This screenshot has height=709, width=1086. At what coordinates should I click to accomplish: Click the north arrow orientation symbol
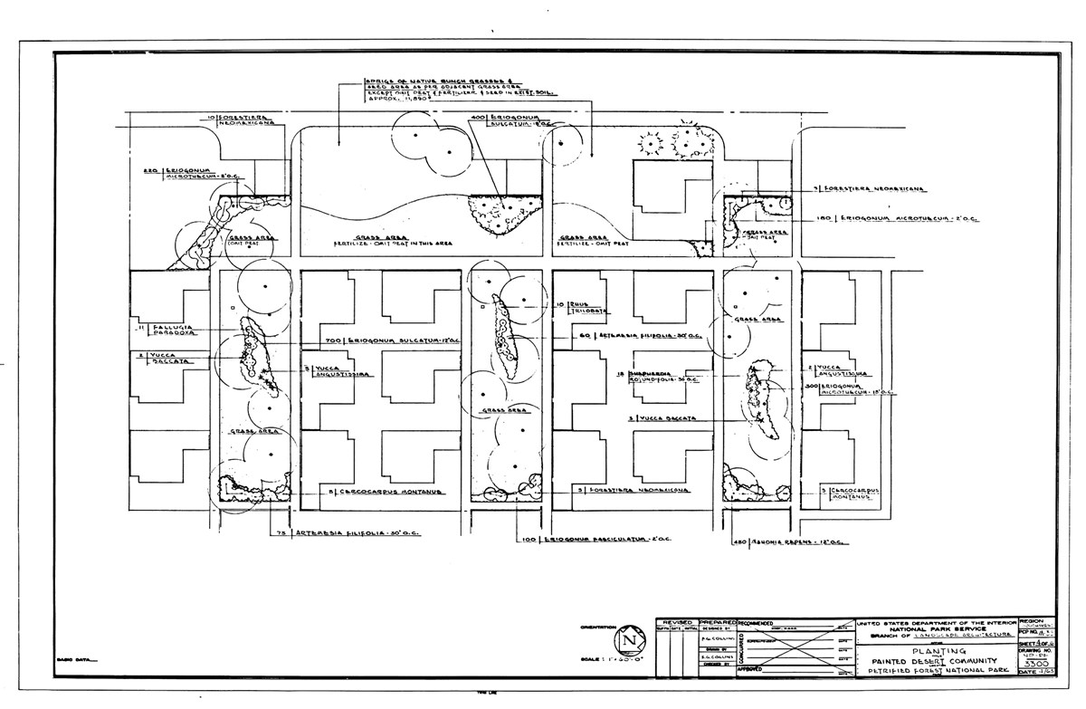point(624,641)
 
